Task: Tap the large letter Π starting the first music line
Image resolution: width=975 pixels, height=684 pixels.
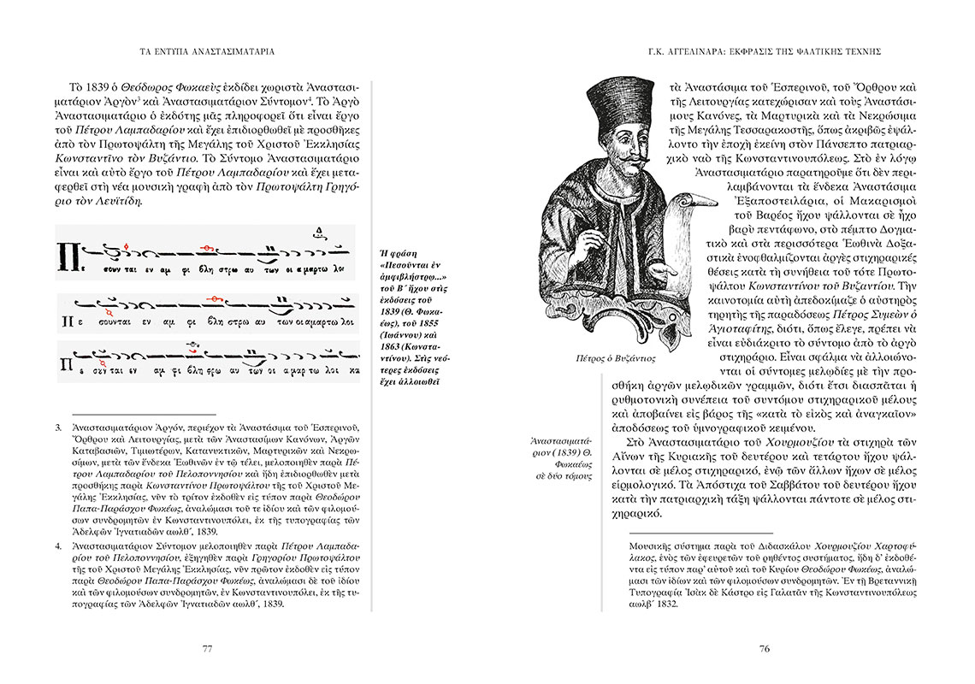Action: (x=68, y=255)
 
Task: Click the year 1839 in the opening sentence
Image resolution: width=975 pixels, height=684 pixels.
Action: (x=101, y=88)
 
